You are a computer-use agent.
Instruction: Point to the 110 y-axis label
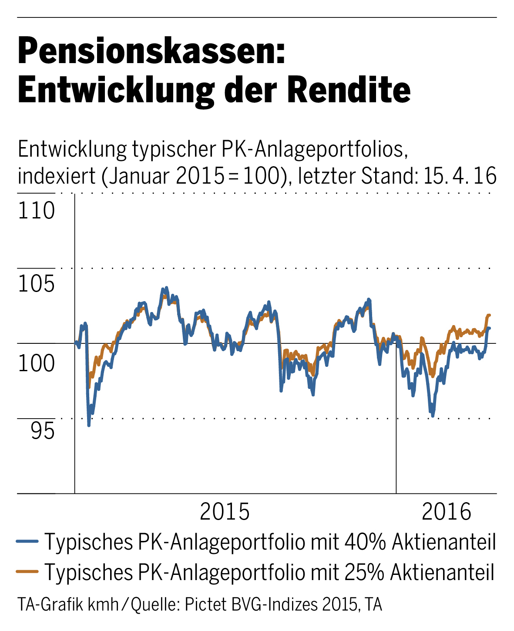tap(37, 211)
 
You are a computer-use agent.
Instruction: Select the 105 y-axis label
tap(37, 285)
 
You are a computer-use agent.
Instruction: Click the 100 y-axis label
tap(37, 363)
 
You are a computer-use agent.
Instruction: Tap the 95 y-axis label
tap(43, 431)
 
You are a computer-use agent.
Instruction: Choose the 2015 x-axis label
tap(225, 512)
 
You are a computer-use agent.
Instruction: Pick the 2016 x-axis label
tap(447, 512)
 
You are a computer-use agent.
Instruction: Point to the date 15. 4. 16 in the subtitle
tap(459, 176)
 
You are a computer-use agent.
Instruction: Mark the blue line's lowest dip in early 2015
tap(89, 425)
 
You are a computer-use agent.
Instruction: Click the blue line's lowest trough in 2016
tap(433, 416)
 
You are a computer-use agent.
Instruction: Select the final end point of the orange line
tap(490, 315)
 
